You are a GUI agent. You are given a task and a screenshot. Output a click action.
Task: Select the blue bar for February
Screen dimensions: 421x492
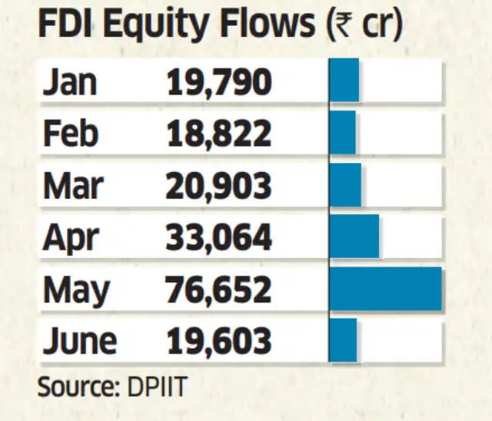pos(343,133)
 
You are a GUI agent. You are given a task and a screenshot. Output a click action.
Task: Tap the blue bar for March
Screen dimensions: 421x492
pos(345,184)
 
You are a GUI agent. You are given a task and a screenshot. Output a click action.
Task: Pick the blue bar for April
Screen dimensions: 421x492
pos(354,237)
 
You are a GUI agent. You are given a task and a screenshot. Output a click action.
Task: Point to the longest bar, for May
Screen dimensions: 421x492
pos(386,288)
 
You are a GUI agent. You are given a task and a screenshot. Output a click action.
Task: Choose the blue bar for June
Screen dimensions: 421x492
pos(344,340)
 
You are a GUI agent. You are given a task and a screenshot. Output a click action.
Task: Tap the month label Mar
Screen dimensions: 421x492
pos(72,185)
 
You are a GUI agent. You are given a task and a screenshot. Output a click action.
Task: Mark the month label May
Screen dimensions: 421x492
pos(75,290)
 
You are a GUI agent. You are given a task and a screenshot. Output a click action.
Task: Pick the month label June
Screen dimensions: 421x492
pos(80,340)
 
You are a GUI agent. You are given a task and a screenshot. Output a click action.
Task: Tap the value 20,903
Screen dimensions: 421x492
pos(219,185)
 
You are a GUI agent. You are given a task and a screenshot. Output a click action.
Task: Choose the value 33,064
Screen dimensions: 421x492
pos(219,237)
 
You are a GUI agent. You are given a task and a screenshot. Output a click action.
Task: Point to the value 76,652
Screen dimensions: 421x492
pos(219,289)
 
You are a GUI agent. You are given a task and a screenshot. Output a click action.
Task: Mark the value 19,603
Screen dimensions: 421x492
pos(219,340)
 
